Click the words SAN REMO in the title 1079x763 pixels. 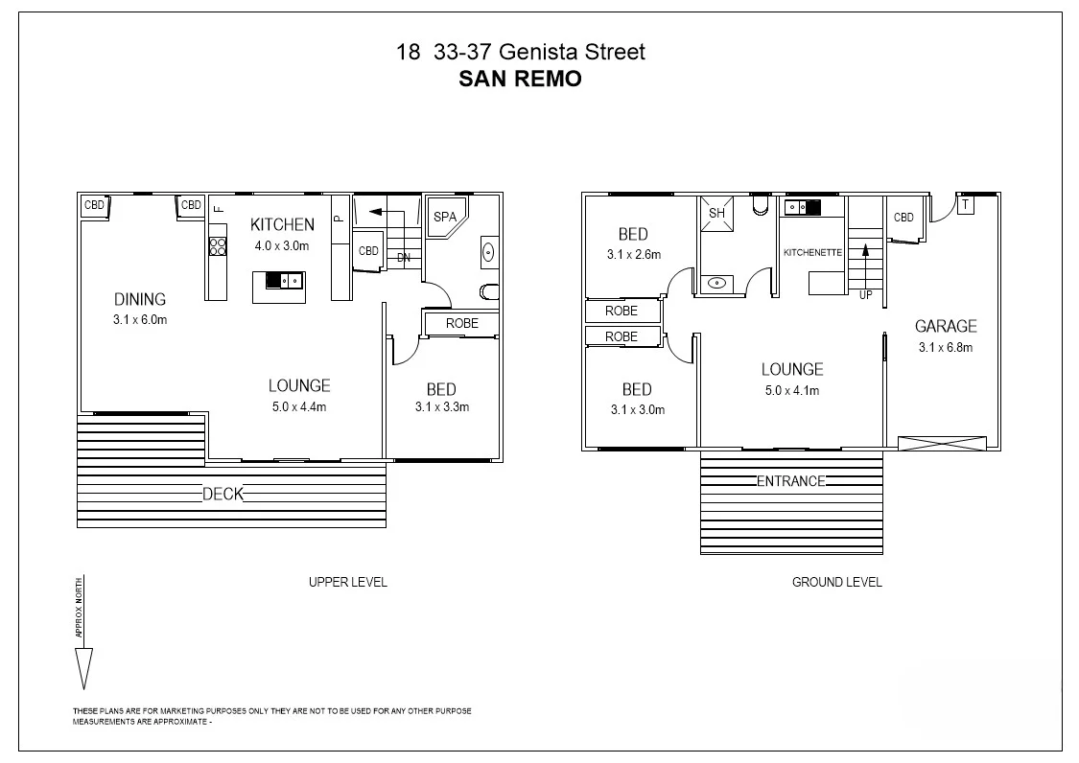521,80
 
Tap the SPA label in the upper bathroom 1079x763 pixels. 445,217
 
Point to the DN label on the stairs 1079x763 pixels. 405,257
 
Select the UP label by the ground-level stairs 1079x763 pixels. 866,294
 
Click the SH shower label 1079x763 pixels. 715,213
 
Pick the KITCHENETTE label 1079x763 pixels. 812,252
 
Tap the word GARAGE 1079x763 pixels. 945,326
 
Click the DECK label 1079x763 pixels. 223,495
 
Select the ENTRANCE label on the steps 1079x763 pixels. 791,481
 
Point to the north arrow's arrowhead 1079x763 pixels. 83,667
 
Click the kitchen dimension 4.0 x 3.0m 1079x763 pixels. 282,245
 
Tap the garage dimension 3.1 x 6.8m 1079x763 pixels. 945,347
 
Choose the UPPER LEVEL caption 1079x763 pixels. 347,582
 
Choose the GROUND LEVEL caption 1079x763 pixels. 836,582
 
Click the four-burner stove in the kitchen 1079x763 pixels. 217,247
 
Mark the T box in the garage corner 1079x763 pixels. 965,204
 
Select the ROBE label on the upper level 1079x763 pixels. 461,324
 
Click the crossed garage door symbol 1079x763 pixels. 942,443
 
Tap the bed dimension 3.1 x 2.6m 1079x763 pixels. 634,255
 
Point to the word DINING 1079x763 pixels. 140,299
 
